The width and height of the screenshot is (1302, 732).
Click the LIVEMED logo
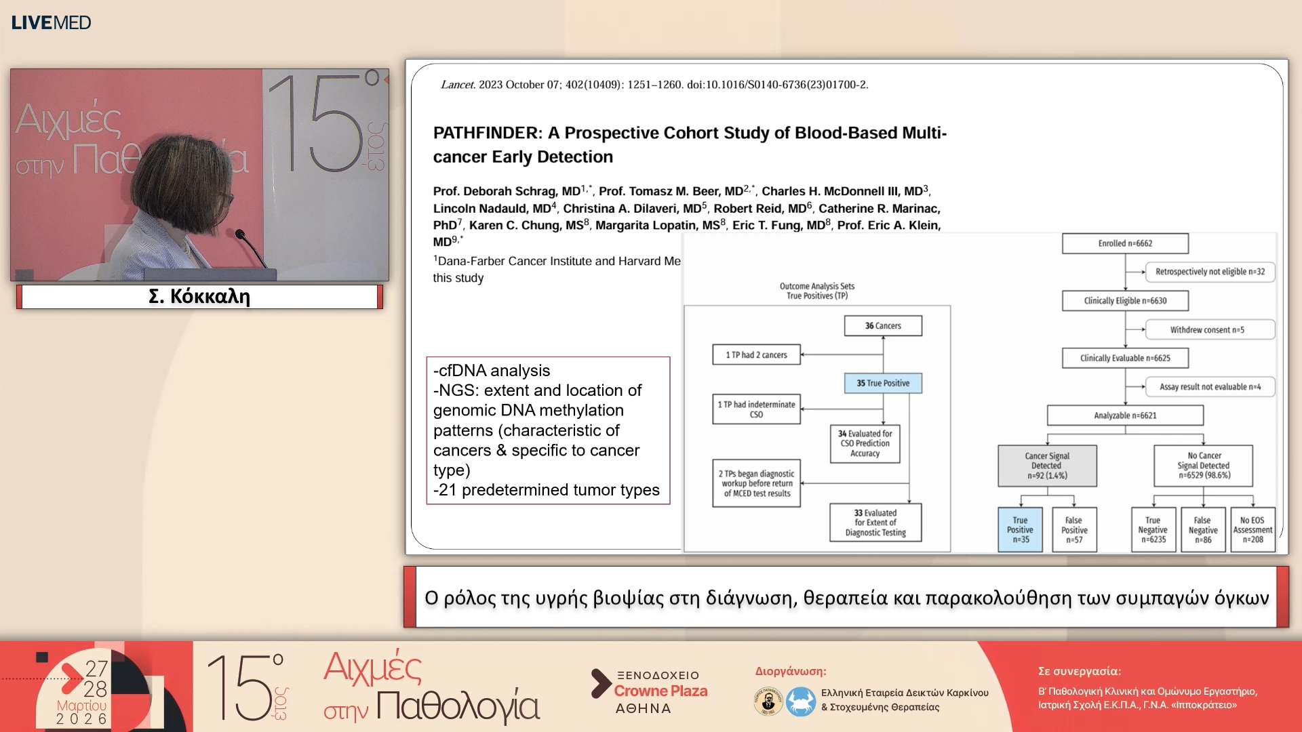coord(51,22)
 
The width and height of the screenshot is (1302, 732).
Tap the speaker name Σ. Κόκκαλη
coord(199,296)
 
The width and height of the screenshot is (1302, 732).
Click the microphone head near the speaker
coord(240,235)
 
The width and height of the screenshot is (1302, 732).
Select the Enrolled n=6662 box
coord(1125,243)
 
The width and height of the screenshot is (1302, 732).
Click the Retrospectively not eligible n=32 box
coord(1210,272)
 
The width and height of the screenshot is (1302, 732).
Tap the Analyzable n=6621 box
coord(1125,415)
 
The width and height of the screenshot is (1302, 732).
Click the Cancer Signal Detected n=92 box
coord(1047,466)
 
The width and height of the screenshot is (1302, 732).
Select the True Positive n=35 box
coord(1020,530)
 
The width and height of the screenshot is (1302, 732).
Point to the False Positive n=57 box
coord(1074,530)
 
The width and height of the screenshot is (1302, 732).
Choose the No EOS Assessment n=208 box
coord(1252,530)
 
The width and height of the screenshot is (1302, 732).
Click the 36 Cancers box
coord(883,326)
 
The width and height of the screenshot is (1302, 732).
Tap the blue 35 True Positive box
coord(883,384)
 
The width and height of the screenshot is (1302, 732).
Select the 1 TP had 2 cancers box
coord(756,355)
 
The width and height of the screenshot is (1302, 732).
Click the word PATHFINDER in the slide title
coord(488,133)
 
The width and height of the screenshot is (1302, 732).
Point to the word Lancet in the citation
coord(458,85)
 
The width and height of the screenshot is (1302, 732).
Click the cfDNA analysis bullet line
coord(492,371)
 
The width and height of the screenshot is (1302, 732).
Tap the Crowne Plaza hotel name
coord(660,691)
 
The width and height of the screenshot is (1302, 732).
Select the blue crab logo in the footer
coord(801,701)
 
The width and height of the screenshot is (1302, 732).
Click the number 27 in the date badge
coord(96,669)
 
